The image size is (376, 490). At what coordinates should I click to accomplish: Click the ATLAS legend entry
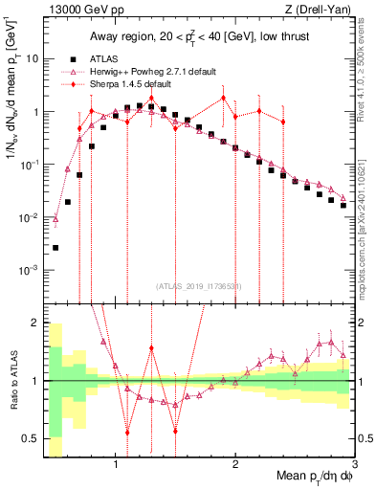point(104,58)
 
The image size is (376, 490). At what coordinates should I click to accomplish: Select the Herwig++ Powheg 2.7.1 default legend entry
point(154,71)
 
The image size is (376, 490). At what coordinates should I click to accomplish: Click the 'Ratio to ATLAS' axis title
point(13,381)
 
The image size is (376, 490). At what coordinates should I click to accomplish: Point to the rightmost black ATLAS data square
point(343,205)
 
